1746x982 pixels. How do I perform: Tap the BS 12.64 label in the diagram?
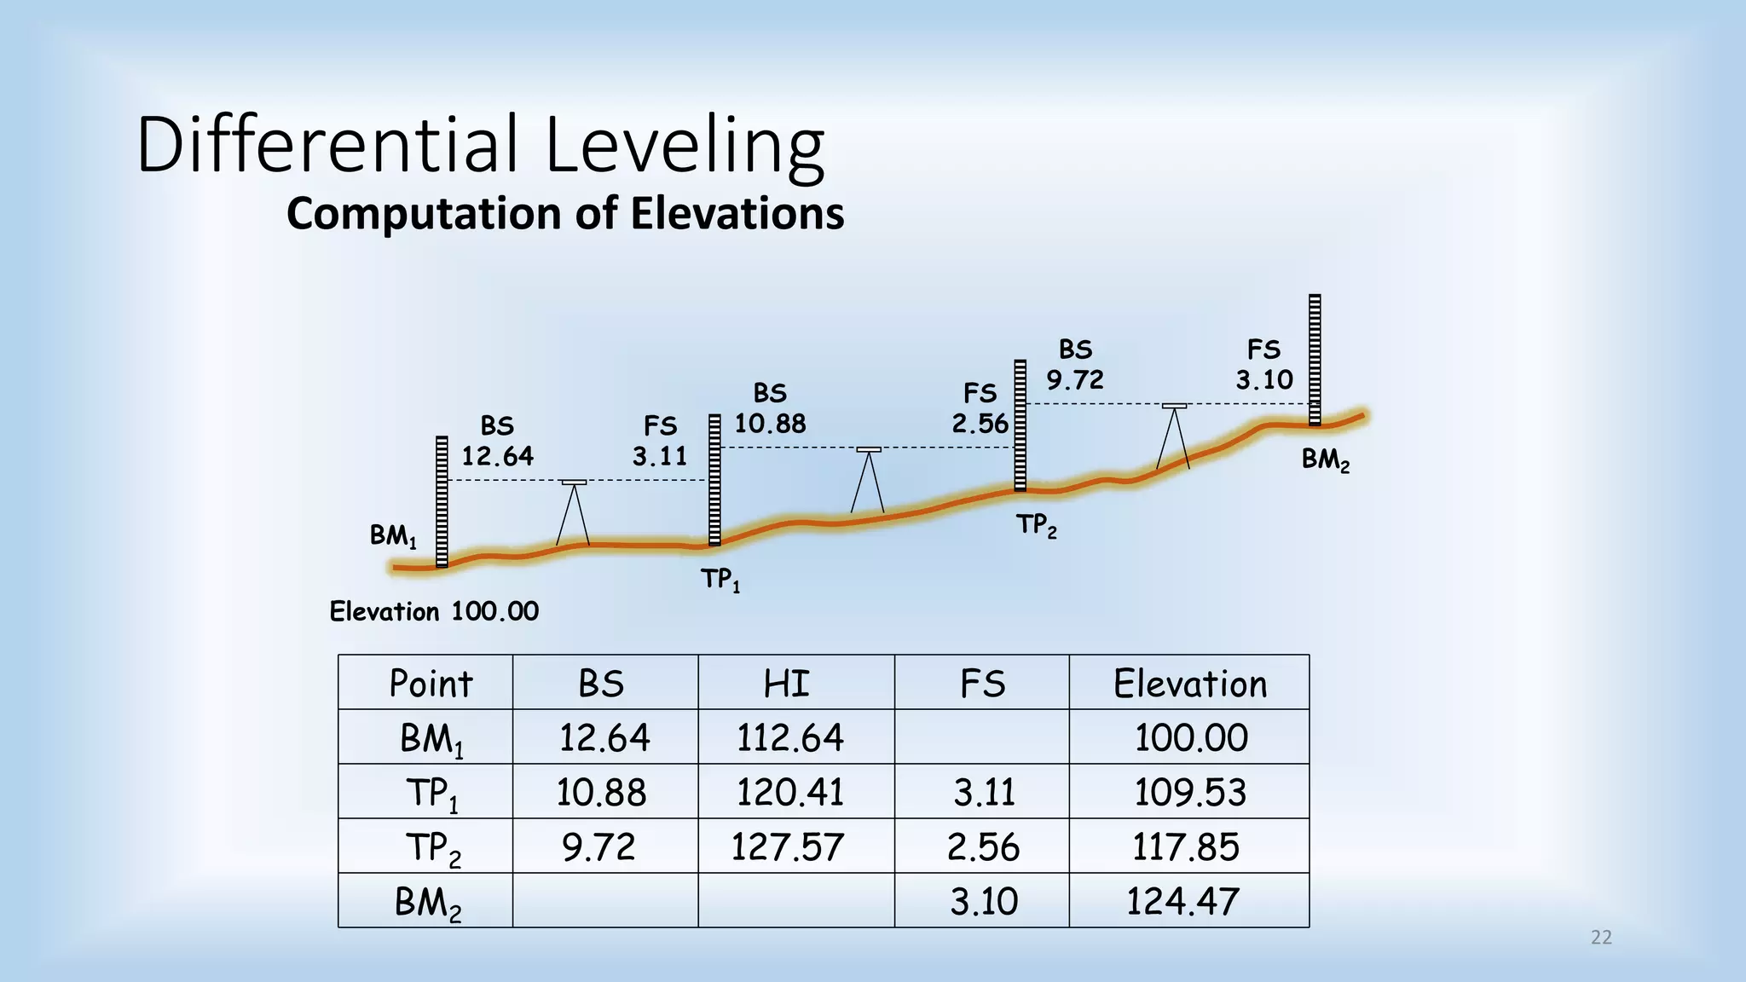[497, 442]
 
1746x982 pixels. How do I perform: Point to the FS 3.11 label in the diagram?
[660, 442]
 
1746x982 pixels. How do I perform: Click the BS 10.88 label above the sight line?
[770, 409]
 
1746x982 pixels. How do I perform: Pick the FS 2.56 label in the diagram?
[980, 409]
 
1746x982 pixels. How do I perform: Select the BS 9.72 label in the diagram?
[1075, 365]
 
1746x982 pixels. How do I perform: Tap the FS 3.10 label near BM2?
[1264, 365]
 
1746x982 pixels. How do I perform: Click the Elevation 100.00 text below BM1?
[434, 611]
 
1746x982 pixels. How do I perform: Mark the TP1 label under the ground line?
[720, 581]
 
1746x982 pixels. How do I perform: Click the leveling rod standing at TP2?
[1020, 426]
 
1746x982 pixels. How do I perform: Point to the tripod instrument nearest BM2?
[1174, 435]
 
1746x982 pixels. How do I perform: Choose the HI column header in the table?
[786, 684]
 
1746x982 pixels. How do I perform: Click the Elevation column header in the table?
[1190, 684]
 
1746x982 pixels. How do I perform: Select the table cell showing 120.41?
[789, 792]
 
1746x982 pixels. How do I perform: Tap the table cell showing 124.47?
[1183, 901]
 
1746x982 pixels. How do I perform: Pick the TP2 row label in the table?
[433, 848]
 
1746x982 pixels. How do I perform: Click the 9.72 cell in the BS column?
[598, 846]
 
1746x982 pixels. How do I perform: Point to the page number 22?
[1601, 938]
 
